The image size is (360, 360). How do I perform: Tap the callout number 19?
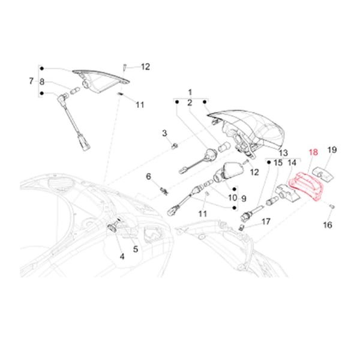(332, 150)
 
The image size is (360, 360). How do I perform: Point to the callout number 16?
(327, 225)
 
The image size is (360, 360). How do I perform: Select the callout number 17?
(266, 221)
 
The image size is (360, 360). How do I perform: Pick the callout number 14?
(292, 162)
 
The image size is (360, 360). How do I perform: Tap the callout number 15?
(277, 162)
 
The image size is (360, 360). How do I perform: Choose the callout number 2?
(191, 103)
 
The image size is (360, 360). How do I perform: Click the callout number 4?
(122, 256)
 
